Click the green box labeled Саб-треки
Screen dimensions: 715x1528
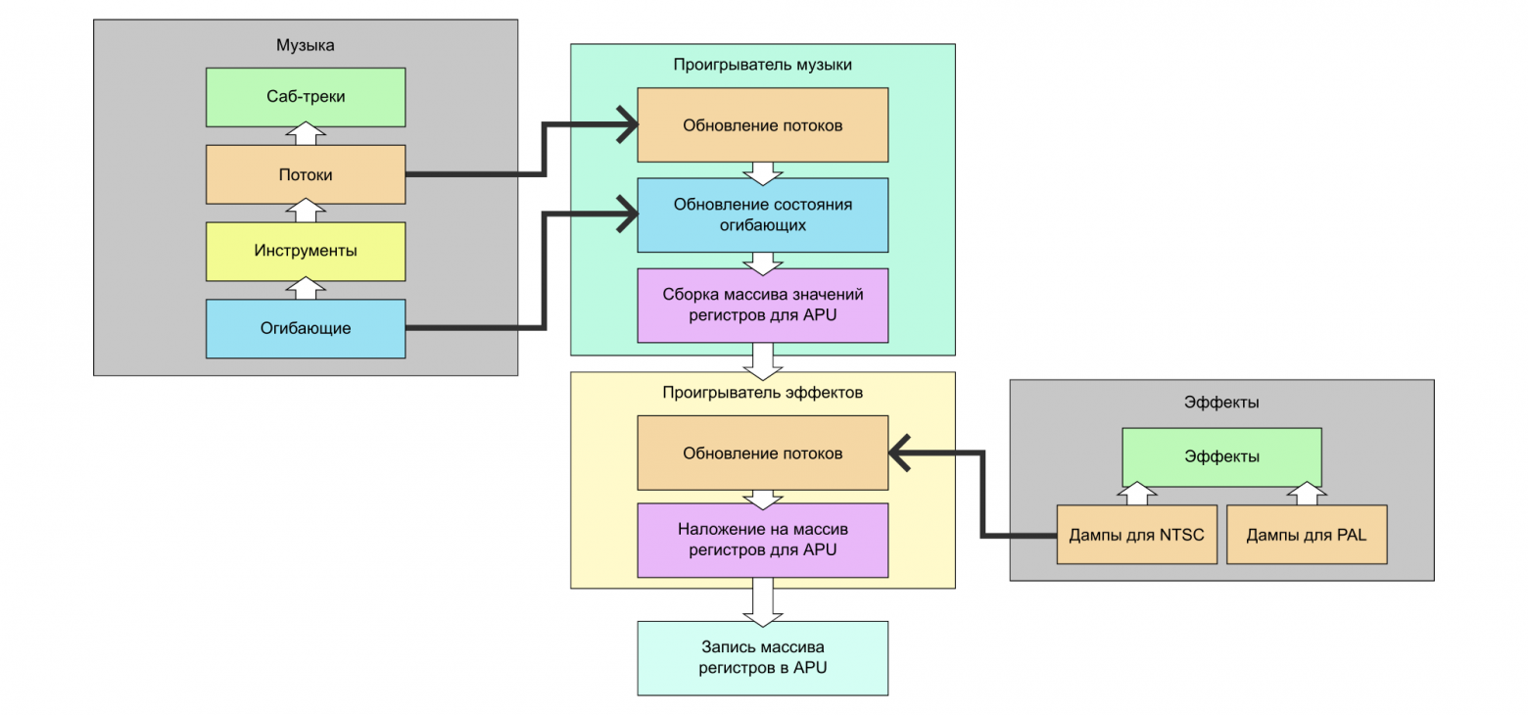306,97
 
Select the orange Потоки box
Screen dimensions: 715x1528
306,174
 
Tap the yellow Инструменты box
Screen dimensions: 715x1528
306,251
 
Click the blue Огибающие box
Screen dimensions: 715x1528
306,328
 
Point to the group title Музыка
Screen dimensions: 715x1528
306,45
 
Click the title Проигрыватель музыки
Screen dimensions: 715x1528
762,65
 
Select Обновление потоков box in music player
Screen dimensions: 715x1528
762,125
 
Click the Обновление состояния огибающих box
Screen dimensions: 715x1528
762,214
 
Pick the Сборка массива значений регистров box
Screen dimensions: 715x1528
762,305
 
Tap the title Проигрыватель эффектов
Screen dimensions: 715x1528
762,393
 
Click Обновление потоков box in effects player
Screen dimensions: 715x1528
762,453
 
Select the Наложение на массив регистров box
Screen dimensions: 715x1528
762,540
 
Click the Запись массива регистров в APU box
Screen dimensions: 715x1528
762,658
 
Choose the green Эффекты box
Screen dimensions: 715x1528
1221,456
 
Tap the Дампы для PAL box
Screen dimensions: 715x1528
1307,535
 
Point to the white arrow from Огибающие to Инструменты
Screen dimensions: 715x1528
306,289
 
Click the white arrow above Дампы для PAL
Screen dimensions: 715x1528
1307,494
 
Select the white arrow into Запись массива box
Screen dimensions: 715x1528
762,603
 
